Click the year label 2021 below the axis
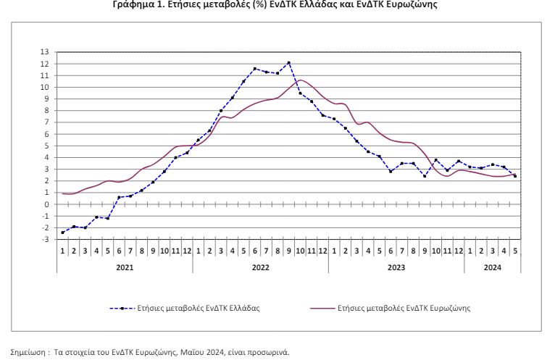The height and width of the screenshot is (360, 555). (x=125, y=267)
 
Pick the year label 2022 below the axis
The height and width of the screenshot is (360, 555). (x=260, y=267)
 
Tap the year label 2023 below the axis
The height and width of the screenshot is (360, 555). (x=396, y=267)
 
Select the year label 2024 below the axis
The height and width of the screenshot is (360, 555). (x=492, y=267)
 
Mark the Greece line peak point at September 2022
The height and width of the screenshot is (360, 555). (x=289, y=63)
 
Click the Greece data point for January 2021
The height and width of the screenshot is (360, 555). (x=63, y=233)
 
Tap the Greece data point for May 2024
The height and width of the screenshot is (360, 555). (x=514, y=176)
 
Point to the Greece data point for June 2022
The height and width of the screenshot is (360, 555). (x=255, y=69)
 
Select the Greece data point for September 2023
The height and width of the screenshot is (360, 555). (x=425, y=176)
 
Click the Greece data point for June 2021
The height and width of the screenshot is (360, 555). (x=120, y=197)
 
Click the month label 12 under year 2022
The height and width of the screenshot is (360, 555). (x=323, y=251)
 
